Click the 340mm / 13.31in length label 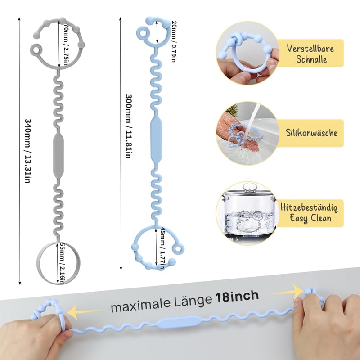click(x=28, y=151)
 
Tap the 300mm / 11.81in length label click(x=128, y=126)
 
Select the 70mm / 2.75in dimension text click(x=66, y=44)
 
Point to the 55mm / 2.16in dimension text click(x=62, y=264)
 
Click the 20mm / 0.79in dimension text click(x=174, y=41)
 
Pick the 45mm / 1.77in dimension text click(x=162, y=248)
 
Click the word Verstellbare click(x=310, y=49)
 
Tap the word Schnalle click(x=311, y=59)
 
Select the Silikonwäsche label click(x=311, y=133)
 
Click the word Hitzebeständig click(x=309, y=207)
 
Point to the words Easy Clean click(x=310, y=218)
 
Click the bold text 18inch click(x=237, y=297)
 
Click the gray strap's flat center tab click(x=58, y=156)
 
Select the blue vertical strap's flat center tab click(x=156, y=139)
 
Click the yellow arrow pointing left click(x=84, y=311)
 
